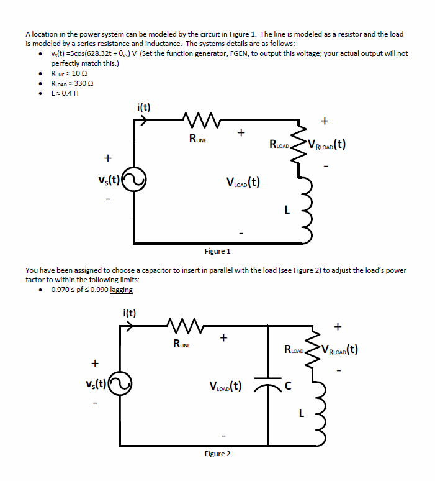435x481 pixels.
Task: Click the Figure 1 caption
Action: pyautogui.click(x=217, y=251)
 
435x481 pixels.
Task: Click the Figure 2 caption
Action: pyautogui.click(x=217, y=454)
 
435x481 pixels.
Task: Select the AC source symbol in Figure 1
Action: pyautogui.click(x=135, y=181)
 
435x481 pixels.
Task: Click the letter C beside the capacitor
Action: pyautogui.click(x=286, y=384)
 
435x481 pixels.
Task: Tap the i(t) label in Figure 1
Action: pyautogui.click(x=143, y=107)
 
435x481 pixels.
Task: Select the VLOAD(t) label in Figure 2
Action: pyautogui.click(x=226, y=386)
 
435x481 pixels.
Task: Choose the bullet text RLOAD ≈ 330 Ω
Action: pyautogui.click(x=72, y=83)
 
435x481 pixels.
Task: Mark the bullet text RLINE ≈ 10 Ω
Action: pyautogui.click(x=70, y=73)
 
